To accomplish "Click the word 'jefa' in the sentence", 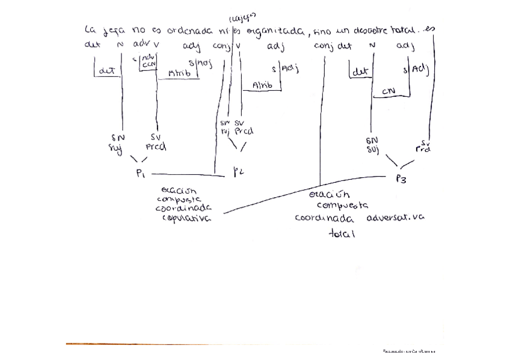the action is click(111, 30).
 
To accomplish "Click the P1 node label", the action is click(141, 173).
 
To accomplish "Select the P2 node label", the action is click(238, 172).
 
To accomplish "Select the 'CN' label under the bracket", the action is click(388, 91).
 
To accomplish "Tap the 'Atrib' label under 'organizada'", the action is click(262, 85).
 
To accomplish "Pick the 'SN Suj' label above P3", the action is click(372, 144).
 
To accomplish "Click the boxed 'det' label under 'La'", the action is click(107, 70).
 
